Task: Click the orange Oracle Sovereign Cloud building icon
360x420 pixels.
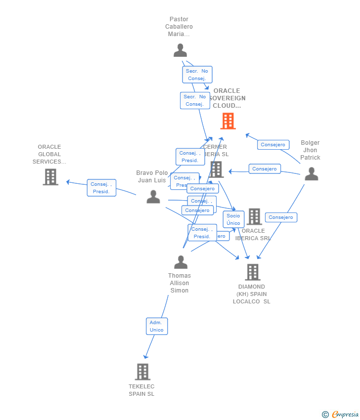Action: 228,121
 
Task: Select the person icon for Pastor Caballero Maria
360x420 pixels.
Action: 180,50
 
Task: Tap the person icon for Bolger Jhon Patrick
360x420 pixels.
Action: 311,174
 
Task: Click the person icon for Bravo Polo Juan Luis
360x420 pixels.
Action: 153,197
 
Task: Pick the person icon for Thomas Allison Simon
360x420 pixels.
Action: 180,262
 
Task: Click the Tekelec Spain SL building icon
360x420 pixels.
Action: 142,372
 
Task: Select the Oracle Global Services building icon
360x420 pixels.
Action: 50,177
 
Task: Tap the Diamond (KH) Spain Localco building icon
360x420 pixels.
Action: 252,272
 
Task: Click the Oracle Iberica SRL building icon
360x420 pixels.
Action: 254,216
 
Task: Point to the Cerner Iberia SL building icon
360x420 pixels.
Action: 216,169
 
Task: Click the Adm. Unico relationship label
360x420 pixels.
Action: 157,326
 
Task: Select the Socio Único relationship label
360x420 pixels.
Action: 233,219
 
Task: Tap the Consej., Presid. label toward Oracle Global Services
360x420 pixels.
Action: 101,188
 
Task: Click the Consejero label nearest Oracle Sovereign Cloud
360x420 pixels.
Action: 273,145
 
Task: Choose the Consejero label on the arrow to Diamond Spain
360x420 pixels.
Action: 281,217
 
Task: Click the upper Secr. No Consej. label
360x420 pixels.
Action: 197,75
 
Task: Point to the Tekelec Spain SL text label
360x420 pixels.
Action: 141,390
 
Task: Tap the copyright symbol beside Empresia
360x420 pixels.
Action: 325,415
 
